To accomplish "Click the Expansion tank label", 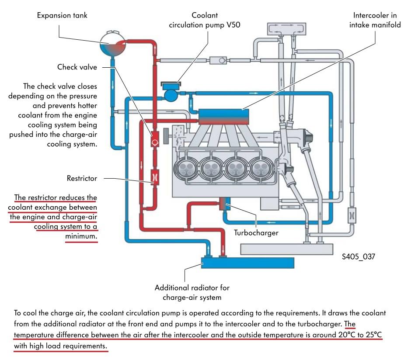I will [x=62, y=16].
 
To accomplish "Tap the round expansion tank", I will [x=112, y=44].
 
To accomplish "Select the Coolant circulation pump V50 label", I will [x=205, y=20].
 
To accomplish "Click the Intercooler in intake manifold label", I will [x=375, y=20].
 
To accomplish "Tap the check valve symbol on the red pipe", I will [x=154, y=142].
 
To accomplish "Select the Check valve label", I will [x=77, y=67].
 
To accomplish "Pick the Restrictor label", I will [x=82, y=178].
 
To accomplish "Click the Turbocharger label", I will [x=256, y=233].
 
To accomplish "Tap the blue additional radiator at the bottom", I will [x=248, y=263].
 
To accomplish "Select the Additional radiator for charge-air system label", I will [x=192, y=293].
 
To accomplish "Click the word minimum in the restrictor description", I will [x=81, y=236].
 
